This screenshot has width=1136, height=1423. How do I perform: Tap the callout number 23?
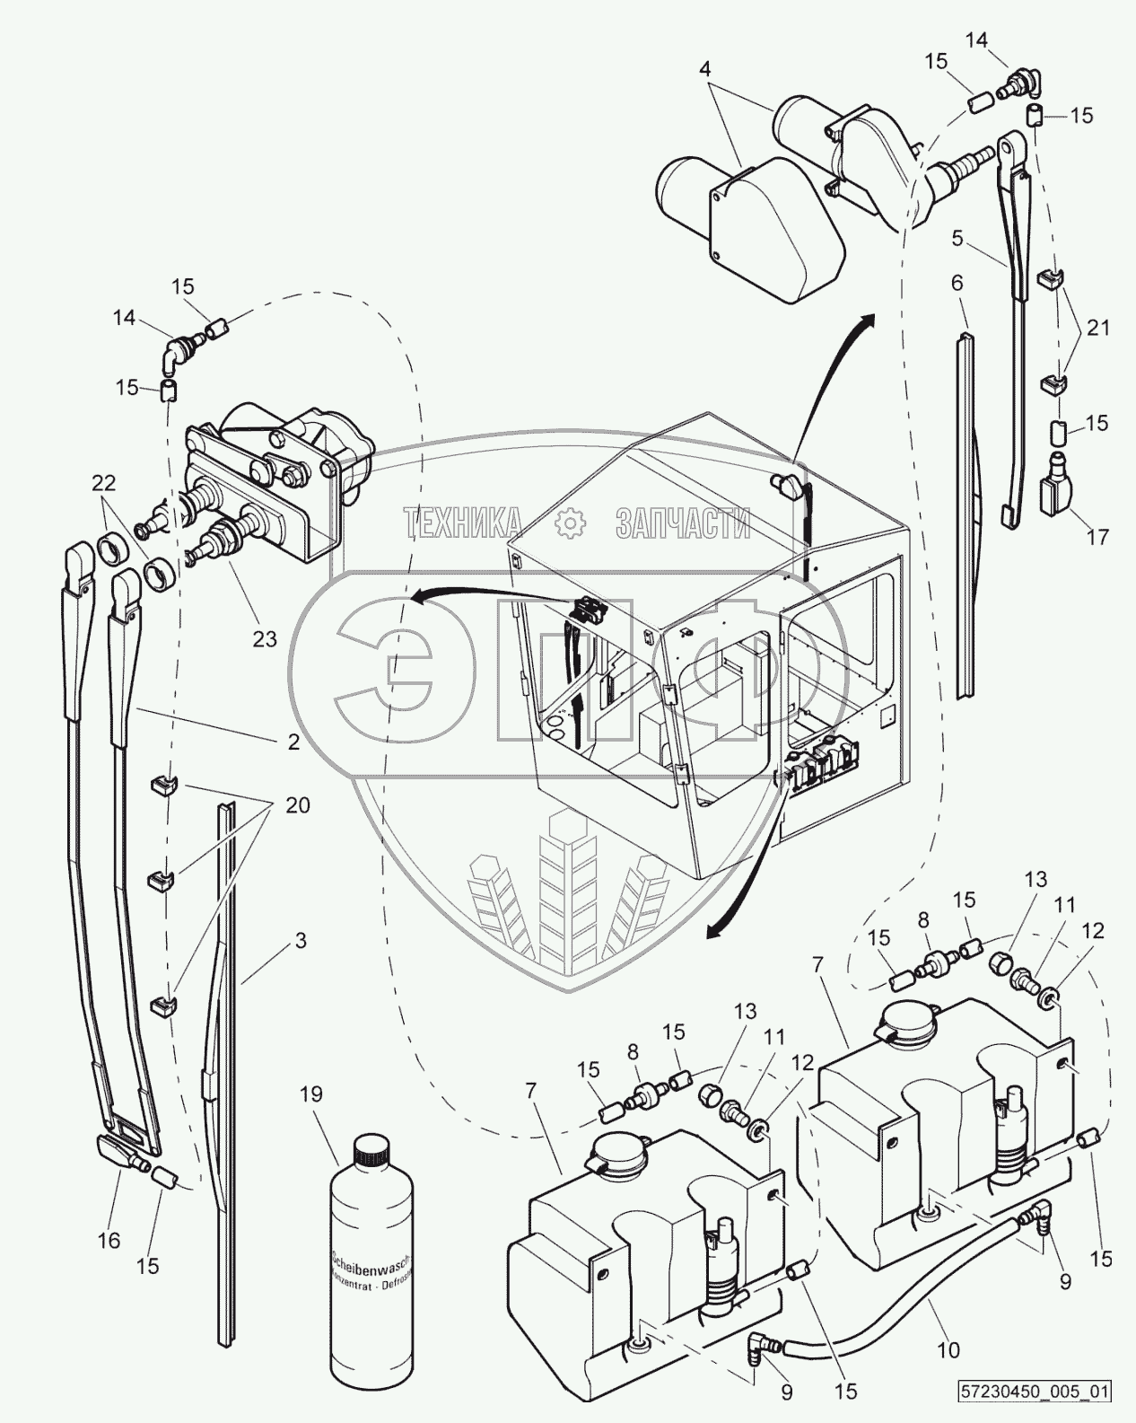pos(265,639)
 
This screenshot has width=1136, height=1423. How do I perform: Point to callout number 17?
pos(1097,537)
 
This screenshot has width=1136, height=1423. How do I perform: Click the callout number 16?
pos(109,1240)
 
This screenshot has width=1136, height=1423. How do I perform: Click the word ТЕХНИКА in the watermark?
pos(464,523)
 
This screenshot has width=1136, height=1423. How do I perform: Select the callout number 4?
pos(706,68)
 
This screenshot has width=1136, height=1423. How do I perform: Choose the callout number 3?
pos(301,941)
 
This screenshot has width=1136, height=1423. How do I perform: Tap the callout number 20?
pos(297,805)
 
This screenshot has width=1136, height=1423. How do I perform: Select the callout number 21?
pos(1098,329)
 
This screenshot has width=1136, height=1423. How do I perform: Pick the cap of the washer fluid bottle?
pos(370,1148)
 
